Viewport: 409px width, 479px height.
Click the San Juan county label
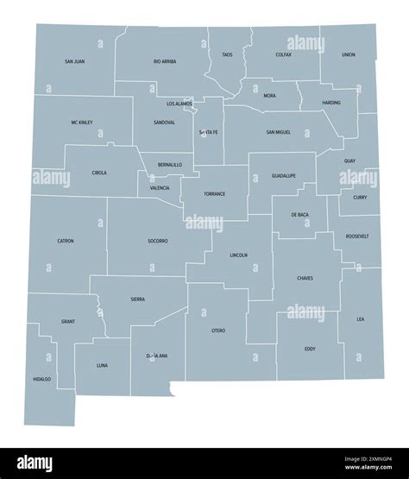tap(75, 62)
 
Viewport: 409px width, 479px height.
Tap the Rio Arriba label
tap(165, 62)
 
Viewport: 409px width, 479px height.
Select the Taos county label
tap(227, 54)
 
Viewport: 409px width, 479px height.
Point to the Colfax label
tap(284, 54)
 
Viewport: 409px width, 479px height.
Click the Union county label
tap(348, 54)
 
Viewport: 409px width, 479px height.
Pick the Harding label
tap(331, 103)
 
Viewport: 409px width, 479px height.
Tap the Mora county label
tap(270, 95)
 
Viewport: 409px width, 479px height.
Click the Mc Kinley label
tap(83, 123)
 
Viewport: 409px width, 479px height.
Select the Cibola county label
tap(99, 173)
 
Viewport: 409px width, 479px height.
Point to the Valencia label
tap(160, 187)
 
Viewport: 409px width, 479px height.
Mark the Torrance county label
tap(215, 193)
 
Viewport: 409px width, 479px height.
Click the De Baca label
tap(299, 214)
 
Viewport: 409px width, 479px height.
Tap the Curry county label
tap(360, 197)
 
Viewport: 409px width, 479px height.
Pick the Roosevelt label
tap(356, 236)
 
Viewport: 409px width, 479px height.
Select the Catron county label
tap(66, 240)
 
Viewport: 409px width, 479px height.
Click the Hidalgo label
tap(41, 379)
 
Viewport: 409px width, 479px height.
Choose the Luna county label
tap(102, 365)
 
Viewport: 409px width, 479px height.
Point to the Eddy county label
tap(310, 349)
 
